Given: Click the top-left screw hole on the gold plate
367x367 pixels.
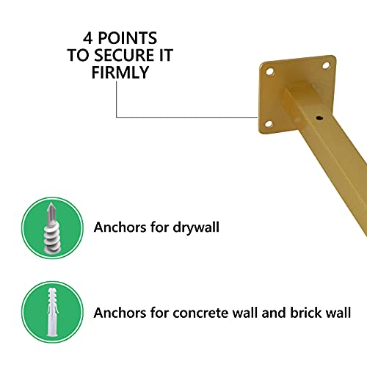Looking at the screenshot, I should click(269, 73).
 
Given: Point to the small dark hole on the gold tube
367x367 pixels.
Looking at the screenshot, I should click(321, 116).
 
